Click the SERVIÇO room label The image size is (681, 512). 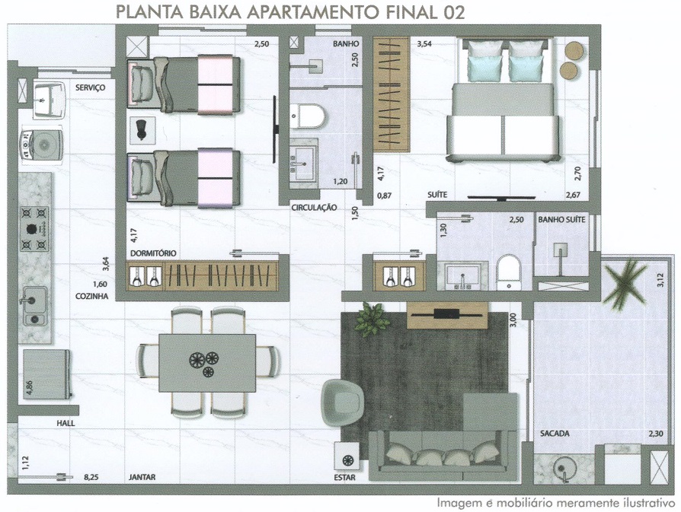(91, 87)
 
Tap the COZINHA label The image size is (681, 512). (91, 297)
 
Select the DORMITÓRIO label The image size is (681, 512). (153, 253)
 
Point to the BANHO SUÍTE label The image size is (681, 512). (561, 220)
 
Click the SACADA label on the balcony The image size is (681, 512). (555, 434)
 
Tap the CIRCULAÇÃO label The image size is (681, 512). (314, 208)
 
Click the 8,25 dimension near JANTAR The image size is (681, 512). (91, 477)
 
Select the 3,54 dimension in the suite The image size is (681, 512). (424, 44)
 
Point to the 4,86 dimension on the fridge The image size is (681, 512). (29, 388)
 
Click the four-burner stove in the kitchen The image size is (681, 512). (34, 229)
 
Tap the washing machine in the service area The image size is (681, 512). (41, 144)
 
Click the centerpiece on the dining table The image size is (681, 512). (203, 363)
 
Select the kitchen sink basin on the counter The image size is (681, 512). (34, 300)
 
